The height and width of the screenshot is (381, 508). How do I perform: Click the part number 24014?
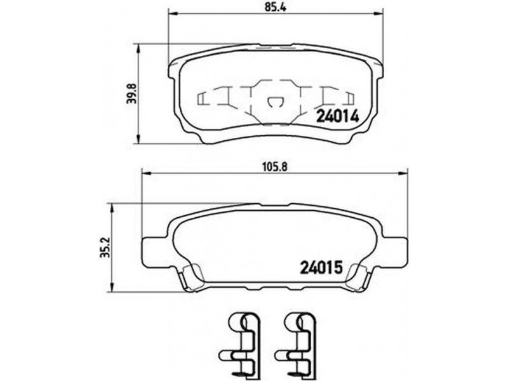coord(338,116)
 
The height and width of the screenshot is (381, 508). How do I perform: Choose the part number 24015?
coord(322,267)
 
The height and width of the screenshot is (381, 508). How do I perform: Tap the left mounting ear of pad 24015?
coord(155,252)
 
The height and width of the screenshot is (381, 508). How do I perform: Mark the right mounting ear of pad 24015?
coord(394,252)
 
